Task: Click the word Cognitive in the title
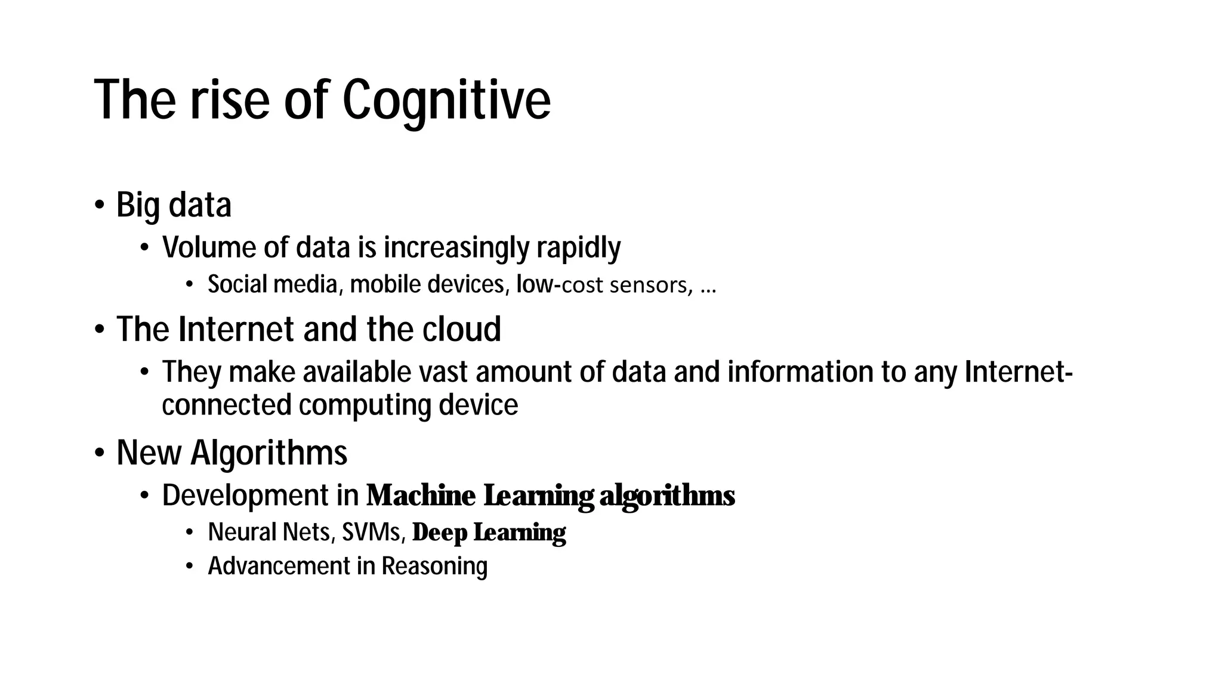click(446, 100)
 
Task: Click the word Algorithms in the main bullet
click(269, 453)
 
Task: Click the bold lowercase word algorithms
click(666, 496)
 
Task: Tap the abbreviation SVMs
click(373, 532)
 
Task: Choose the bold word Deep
click(440, 533)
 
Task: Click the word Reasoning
click(434, 566)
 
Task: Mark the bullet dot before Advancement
click(190, 566)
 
